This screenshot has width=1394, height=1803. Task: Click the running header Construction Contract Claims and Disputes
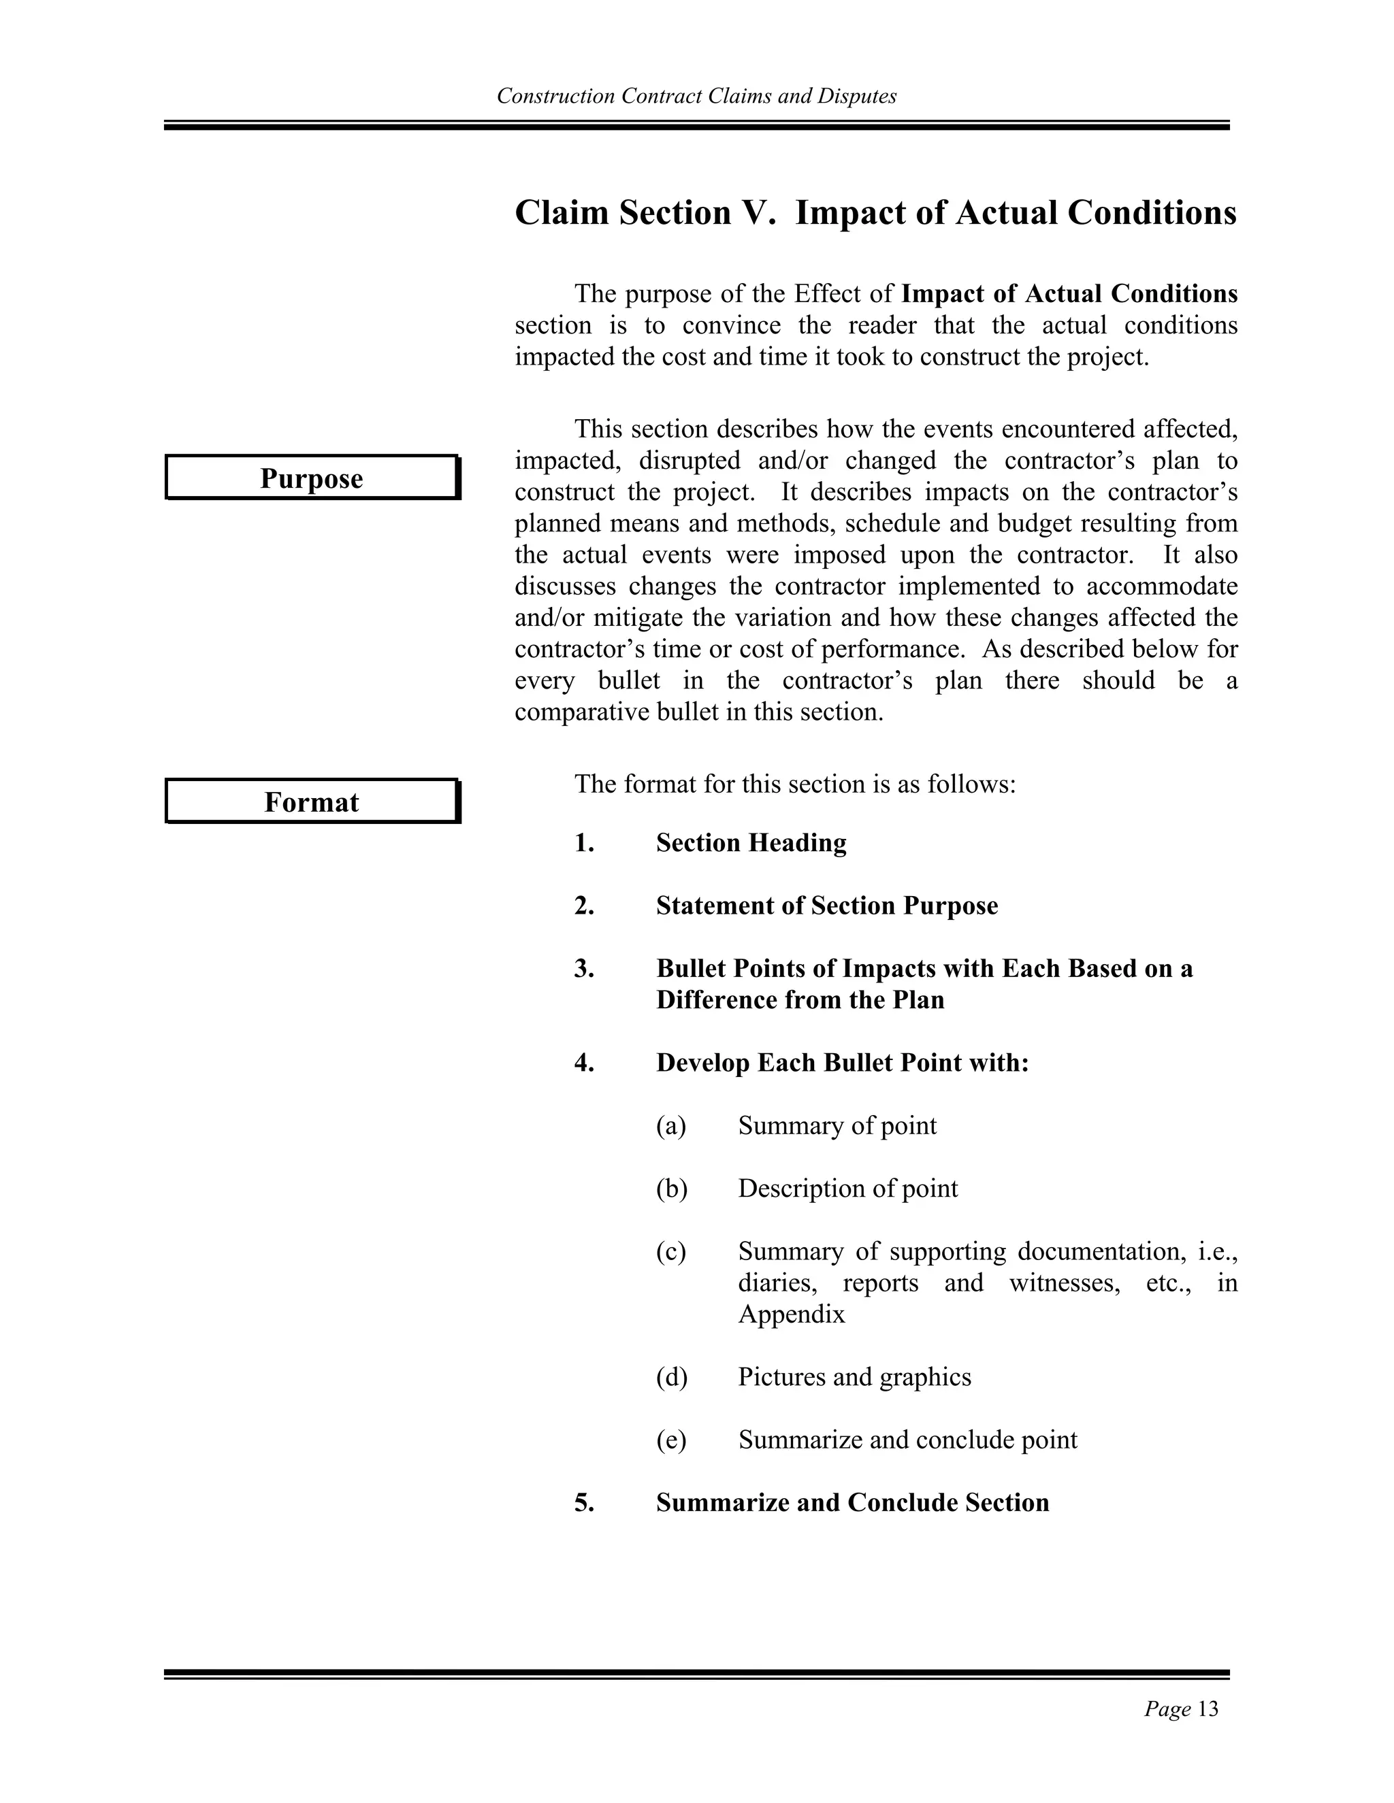696,97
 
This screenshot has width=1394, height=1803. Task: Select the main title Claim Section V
875,213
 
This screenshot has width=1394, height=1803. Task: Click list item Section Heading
751,843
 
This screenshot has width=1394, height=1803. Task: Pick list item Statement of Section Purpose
826,906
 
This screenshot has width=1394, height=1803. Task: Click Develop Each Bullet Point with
843,1063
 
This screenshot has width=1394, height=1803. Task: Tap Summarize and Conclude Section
852,1502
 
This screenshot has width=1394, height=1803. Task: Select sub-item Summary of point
837,1125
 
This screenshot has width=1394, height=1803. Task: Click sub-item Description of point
847,1188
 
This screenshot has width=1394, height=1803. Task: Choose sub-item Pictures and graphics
854,1376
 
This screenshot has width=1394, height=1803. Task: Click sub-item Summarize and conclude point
907,1439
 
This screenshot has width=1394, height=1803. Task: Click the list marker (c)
670,1251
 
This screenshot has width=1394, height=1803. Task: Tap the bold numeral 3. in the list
584,968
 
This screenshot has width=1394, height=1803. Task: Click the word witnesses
1064,1283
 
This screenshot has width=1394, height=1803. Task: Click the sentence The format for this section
794,783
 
